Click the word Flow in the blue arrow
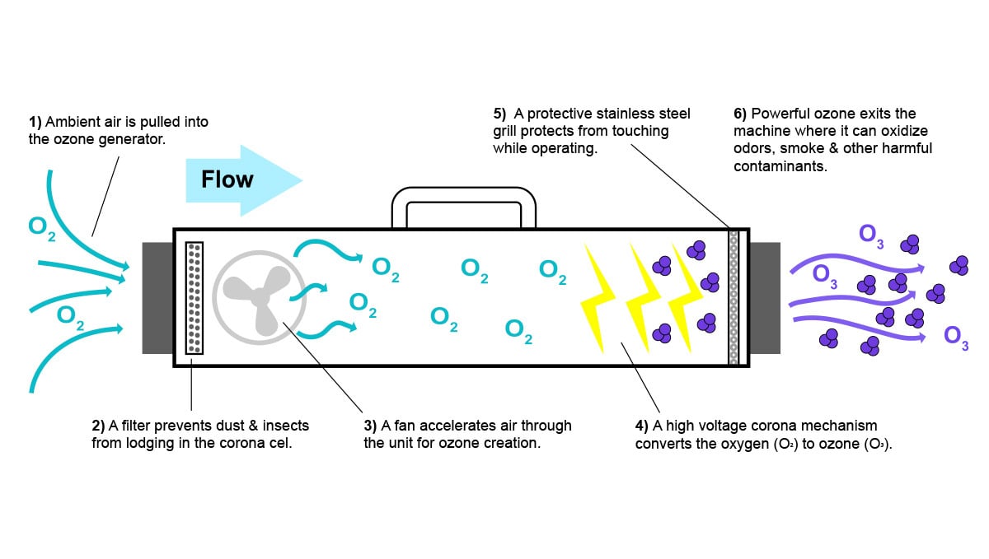click(227, 179)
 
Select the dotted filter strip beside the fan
click(195, 297)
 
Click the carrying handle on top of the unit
click(463, 198)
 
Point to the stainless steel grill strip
click(734, 297)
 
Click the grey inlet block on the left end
click(157, 297)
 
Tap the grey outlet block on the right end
click(765, 297)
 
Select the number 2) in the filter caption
click(98, 426)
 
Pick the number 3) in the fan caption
click(370, 426)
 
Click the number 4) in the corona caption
click(641, 426)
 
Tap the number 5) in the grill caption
click(499, 114)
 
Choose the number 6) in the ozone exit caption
click(739, 114)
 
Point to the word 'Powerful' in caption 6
click(779, 114)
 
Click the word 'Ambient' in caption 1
click(70, 123)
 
